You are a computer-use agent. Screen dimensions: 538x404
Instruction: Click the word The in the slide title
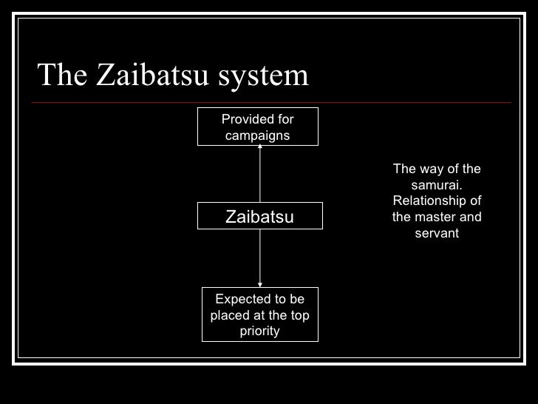62,76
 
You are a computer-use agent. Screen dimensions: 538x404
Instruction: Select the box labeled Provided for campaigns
257,127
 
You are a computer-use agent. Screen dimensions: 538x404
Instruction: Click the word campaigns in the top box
258,136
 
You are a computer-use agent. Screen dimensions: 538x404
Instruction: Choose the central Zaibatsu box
259,216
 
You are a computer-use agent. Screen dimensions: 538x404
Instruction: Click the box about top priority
260,314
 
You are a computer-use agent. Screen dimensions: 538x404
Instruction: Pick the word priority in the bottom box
260,331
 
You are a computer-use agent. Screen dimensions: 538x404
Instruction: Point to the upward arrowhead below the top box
260,149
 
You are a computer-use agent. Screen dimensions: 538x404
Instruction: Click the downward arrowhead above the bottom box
260,283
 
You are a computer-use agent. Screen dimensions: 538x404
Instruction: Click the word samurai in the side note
436,185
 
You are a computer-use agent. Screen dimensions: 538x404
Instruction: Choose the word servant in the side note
437,234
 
